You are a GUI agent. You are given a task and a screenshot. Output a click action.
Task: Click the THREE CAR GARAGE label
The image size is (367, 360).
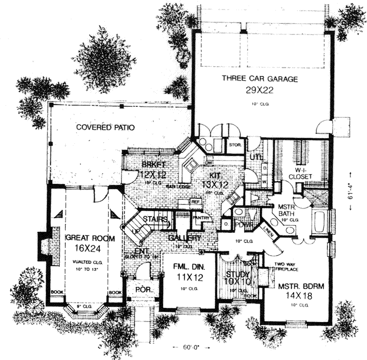point(259,78)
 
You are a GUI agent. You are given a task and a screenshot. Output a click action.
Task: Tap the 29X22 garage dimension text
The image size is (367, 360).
point(259,91)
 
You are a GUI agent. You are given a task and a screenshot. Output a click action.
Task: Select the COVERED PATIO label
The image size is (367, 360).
point(105,128)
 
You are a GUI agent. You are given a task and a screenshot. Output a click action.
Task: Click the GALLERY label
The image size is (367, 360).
point(185,238)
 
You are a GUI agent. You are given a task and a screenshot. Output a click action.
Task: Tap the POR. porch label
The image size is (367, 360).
point(139,290)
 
